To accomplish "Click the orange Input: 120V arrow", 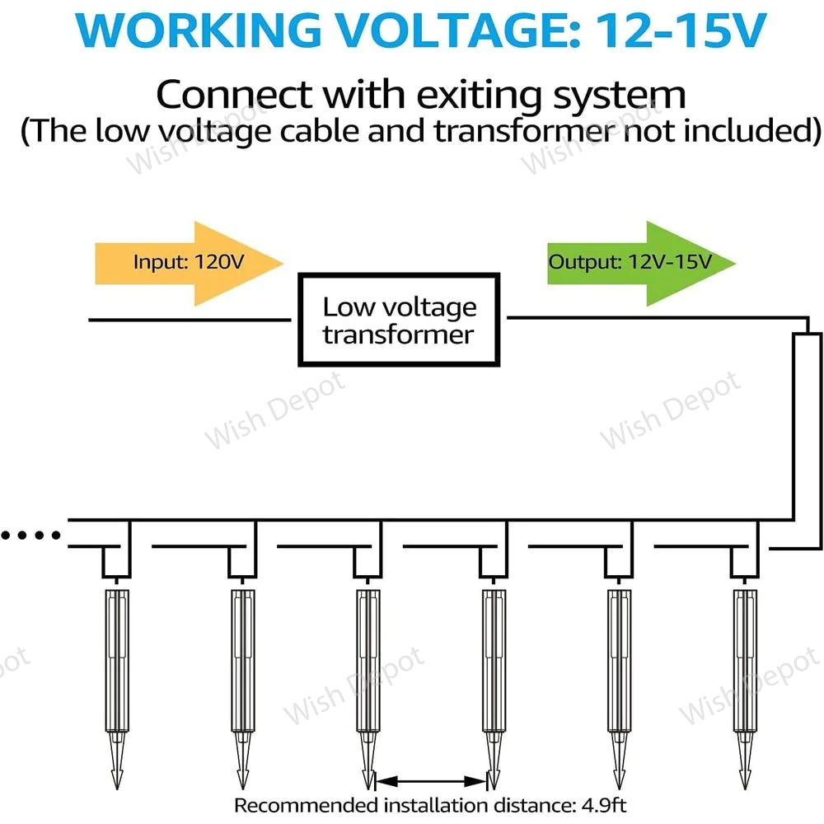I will [188, 263].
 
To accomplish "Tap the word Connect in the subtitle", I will [227, 94].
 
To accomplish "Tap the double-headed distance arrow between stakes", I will [431, 780].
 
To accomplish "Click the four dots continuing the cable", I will [31, 536].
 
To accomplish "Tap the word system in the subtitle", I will [633, 96].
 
